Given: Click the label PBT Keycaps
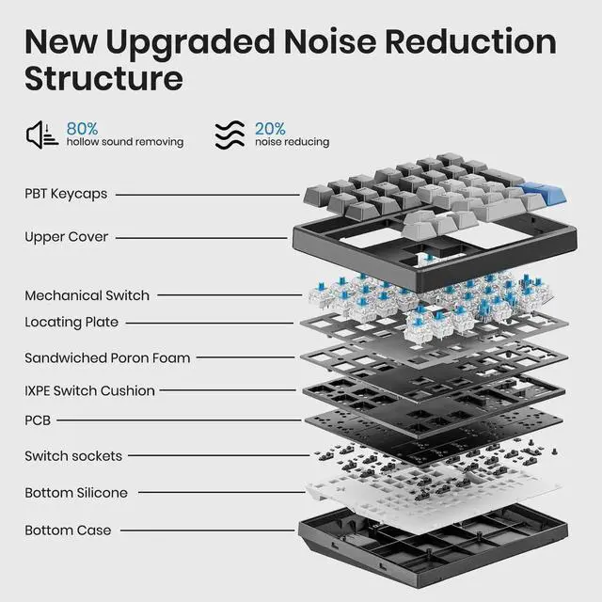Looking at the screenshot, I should pos(66,194).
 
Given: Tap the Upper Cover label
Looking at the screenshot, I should pos(66,237).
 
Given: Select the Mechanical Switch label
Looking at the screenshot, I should pos(87,295).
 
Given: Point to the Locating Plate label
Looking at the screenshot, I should pos(71,323).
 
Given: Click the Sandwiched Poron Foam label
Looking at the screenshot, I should pos(107,357).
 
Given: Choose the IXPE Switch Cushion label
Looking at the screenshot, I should pos(89,390).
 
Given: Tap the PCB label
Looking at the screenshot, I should pos(39,420).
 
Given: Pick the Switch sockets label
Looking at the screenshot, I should pos(73,456).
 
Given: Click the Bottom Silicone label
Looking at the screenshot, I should pos(76,493).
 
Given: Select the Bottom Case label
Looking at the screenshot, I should pos(68,531).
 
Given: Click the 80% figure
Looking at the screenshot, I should pos(83,127).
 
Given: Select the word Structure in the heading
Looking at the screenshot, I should pos(103,79).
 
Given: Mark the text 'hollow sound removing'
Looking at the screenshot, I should pos(124,142).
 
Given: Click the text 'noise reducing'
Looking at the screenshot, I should pos(292,142).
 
